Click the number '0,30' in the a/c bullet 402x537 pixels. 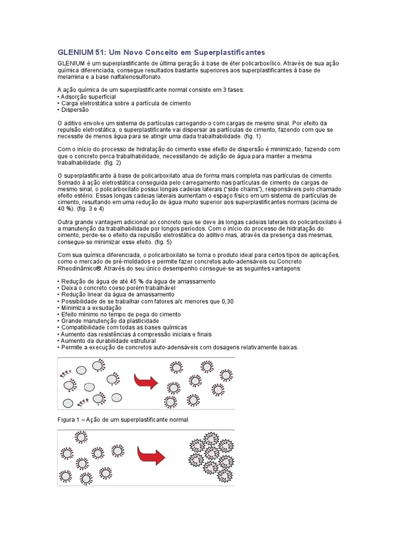point(226,301)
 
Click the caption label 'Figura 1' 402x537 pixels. point(70,420)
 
